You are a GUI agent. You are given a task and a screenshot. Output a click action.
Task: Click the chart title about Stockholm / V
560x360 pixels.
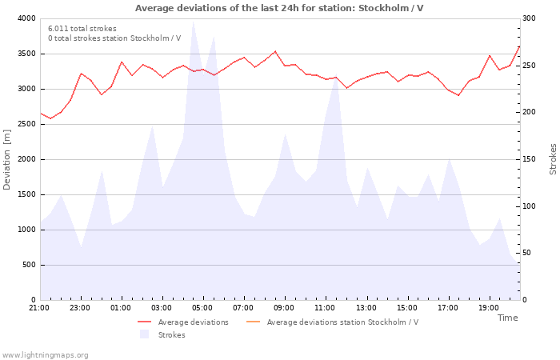279,8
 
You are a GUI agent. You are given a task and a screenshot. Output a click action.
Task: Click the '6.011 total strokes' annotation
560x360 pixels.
82,29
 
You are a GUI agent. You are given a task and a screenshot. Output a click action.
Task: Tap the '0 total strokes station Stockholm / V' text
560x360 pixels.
114,38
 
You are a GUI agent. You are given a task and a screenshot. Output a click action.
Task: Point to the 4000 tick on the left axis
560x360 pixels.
26,18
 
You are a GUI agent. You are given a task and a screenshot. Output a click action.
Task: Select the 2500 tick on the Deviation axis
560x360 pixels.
26,124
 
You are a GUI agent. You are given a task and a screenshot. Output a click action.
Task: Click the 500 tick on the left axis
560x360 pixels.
29,265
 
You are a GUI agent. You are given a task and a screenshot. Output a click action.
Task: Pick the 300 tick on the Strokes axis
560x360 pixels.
530,18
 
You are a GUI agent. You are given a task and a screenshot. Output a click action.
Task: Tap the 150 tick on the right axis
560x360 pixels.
530,159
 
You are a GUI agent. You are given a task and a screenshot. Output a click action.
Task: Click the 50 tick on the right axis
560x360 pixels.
528,253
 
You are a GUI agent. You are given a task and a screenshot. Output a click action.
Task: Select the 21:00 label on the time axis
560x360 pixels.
39,308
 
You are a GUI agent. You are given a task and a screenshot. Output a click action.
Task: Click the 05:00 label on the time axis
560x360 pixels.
202,308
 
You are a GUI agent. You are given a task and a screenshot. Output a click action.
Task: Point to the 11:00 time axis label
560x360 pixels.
325,308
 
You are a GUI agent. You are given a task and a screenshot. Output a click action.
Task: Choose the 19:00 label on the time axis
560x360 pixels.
488,308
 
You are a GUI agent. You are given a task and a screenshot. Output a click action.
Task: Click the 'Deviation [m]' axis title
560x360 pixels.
7,159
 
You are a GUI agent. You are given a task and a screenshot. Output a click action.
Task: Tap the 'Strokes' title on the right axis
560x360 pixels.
553,159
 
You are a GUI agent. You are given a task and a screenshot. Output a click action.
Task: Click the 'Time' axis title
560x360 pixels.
507,318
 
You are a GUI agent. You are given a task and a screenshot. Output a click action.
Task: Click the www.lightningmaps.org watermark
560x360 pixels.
45,355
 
